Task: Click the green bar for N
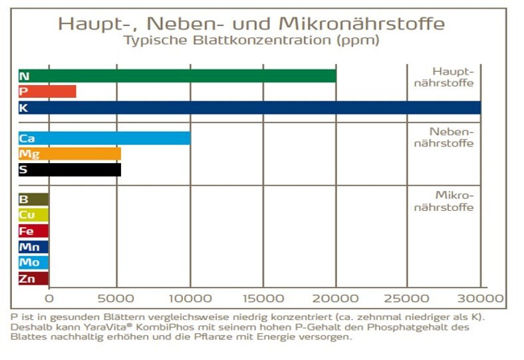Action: coord(178,76)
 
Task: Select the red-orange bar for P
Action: coord(47,92)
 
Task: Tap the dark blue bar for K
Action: coord(249,107)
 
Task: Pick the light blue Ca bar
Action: coord(104,138)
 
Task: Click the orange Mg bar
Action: coord(70,154)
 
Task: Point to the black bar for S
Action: coord(70,170)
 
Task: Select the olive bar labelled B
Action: coord(33,199)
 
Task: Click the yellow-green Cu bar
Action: coord(33,215)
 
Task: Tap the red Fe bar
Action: coord(33,231)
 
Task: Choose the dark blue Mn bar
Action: coord(33,247)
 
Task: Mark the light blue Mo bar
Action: coord(33,263)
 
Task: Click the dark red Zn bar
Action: coord(33,279)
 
